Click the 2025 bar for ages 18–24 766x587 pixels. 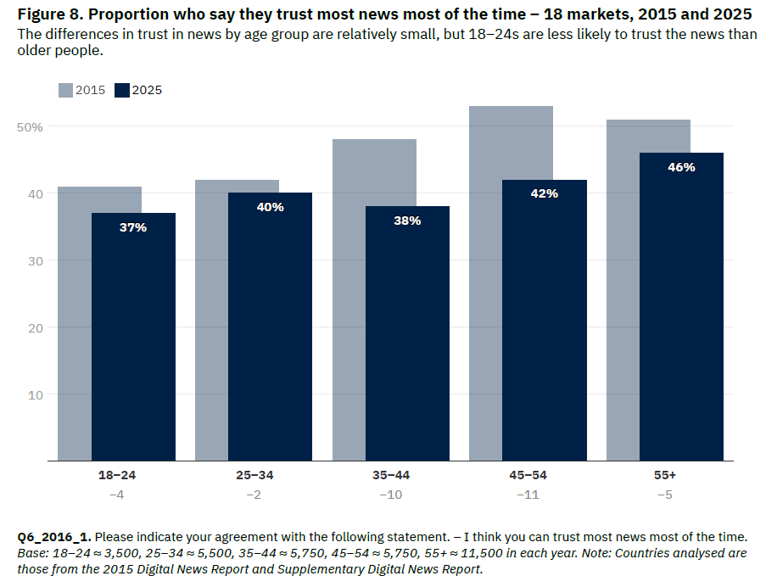[133, 339]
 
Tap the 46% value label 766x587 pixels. [681, 167]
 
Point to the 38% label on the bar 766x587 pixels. [407, 221]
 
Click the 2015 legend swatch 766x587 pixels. [65, 90]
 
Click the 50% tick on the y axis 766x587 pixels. [31, 126]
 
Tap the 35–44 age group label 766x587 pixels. [391, 475]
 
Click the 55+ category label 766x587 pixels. [665, 475]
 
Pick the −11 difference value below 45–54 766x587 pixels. [528, 495]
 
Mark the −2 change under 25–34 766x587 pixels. [254, 495]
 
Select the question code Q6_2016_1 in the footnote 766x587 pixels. [53, 537]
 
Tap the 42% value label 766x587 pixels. [544, 193]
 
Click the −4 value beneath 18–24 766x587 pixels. [116, 495]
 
